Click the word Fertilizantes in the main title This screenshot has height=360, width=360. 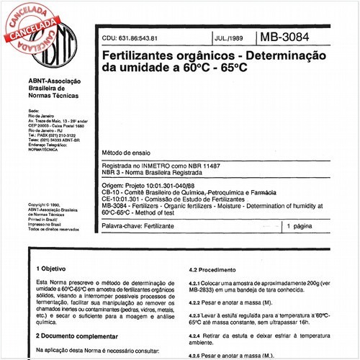(147, 55)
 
